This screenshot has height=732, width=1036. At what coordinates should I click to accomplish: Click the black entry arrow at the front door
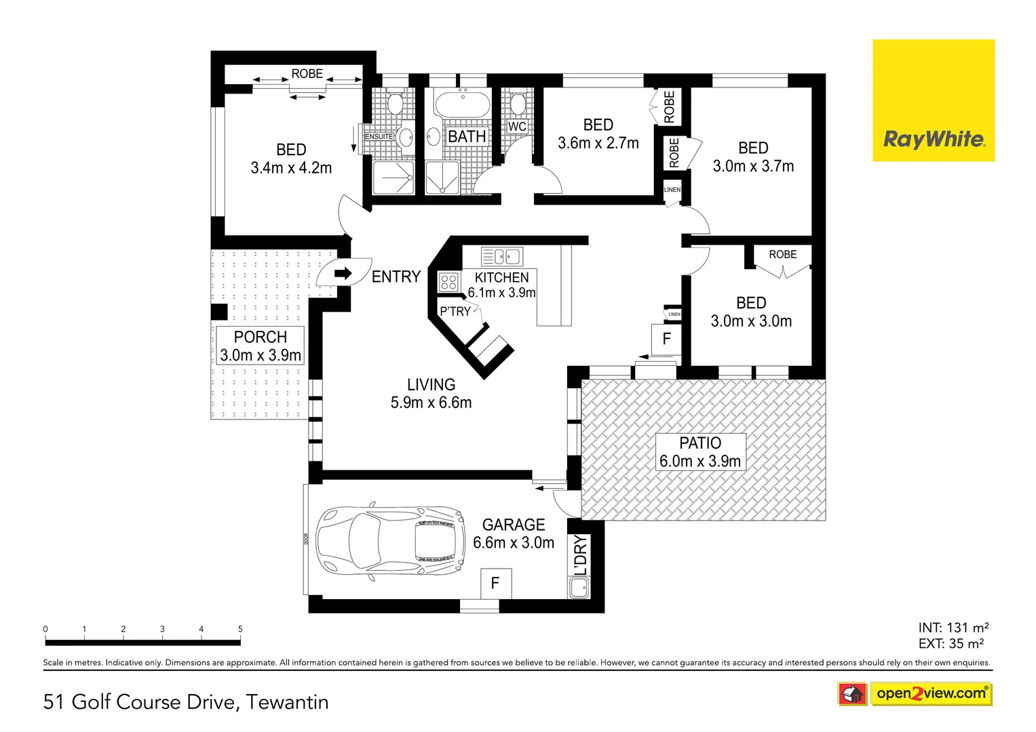[343, 274]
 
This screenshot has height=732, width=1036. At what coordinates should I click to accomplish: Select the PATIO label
[700, 443]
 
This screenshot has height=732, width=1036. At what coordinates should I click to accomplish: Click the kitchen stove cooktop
[448, 281]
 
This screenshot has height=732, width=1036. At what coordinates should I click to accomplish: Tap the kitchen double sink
[501, 256]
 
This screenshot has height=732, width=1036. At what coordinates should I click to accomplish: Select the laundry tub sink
[579, 588]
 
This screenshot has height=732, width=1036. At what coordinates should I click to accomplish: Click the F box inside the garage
[495, 584]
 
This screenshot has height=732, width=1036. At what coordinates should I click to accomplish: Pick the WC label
[517, 127]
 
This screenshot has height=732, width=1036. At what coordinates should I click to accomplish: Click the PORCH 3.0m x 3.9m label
[261, 346]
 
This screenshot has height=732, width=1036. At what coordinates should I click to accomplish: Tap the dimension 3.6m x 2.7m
[598, 143]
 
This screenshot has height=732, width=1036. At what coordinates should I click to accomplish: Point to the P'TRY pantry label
[455, 311]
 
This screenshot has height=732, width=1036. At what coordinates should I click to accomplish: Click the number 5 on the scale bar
[240, 629]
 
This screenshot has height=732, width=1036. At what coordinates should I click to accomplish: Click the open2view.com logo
[930, 693]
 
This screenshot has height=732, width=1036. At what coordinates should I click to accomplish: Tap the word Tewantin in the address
[287, 702]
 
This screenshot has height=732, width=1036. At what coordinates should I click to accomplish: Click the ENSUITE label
[379, 137]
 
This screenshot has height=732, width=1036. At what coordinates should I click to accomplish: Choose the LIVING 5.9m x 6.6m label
[431, 394]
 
